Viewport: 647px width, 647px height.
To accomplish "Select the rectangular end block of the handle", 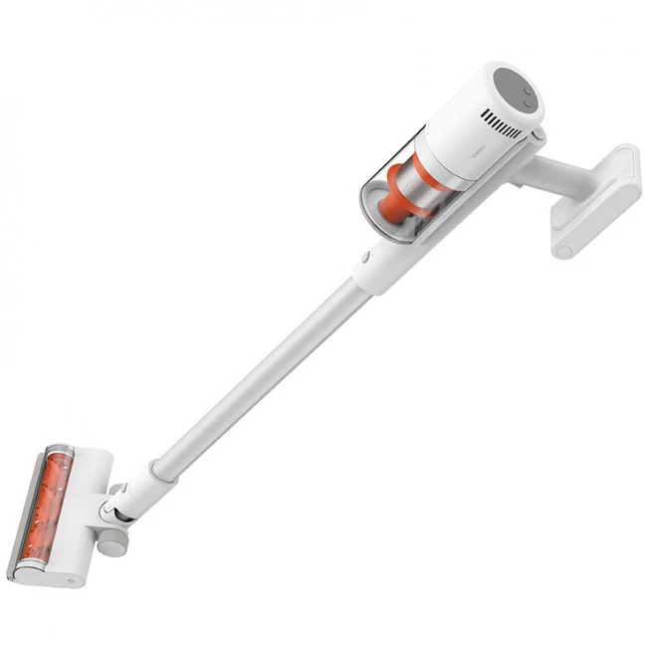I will coord(595,198).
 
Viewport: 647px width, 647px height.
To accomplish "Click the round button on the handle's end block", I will coord(563,251).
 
